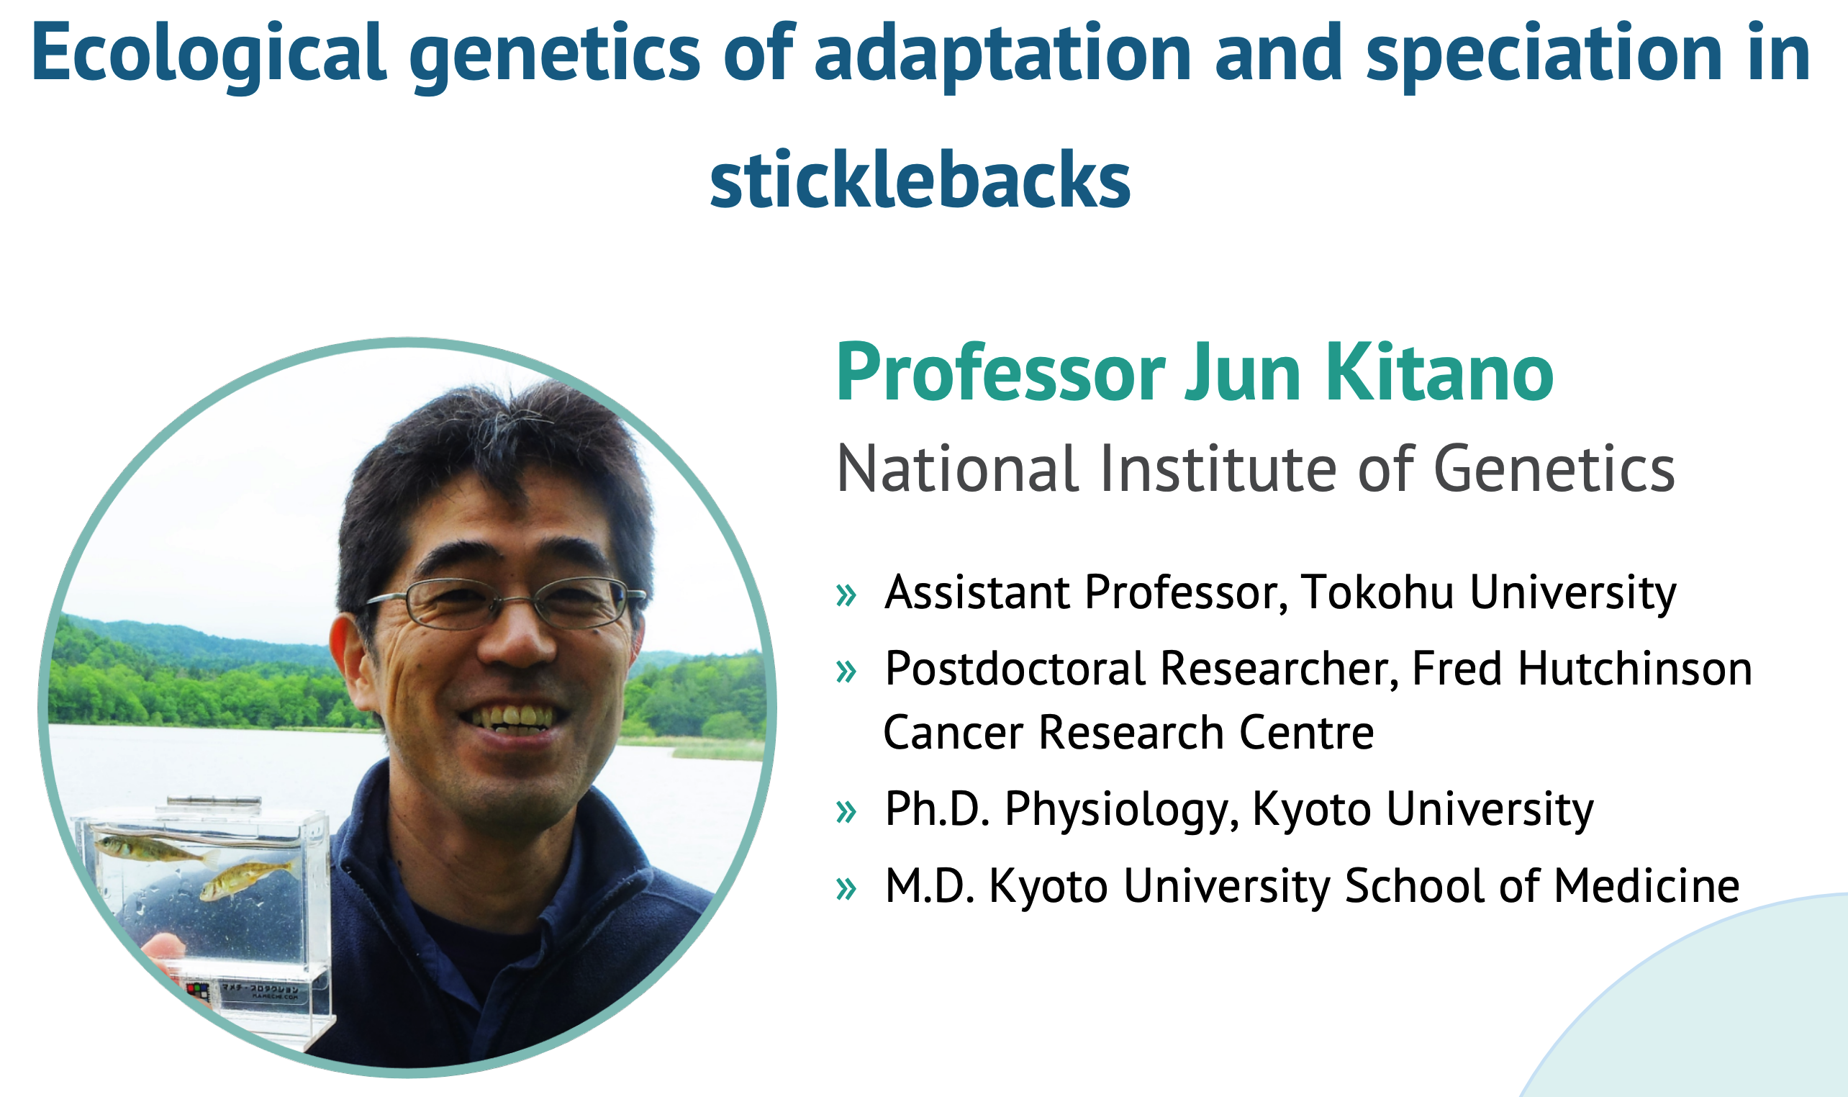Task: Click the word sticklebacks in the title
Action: coord(920,180)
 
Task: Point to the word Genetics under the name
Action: coord(1554,469)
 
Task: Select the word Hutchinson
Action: coord(1635,668)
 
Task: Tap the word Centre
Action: coord(1306,733)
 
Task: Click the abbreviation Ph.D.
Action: coord(938,808)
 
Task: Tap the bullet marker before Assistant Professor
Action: coord(846,595)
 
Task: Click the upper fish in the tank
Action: coord(155,849)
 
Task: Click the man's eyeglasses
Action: coord(506,602)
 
